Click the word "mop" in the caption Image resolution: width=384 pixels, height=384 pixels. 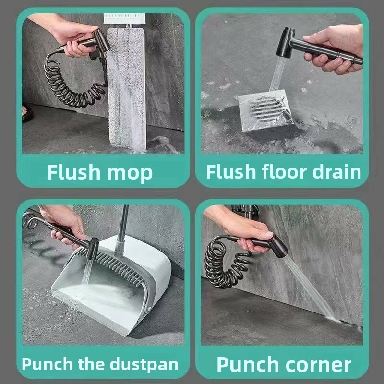pyautogui.click(x=130, y=173)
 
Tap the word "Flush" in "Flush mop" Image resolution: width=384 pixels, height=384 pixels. pyautogui.click(x=74, y=172)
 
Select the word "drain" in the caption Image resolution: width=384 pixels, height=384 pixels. pyautogui.click(x=337, y=171)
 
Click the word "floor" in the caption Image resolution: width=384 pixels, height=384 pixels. pyautogui.click(x=284, y=171)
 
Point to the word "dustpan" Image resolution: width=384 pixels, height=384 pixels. pyautogui.click(x=144, y=365)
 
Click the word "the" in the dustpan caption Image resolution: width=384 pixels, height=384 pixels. pyautogui.click(x=92, y=364)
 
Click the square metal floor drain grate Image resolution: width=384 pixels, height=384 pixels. pyautogui.click(x=266, y=109)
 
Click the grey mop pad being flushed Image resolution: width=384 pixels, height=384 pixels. pyautogui.click(x=126, y=88)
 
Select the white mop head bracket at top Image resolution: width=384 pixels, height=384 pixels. pyautogui.click(x=124, y=19)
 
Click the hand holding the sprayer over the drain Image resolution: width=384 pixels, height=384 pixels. pyautogui.click(x=334, y=49)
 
